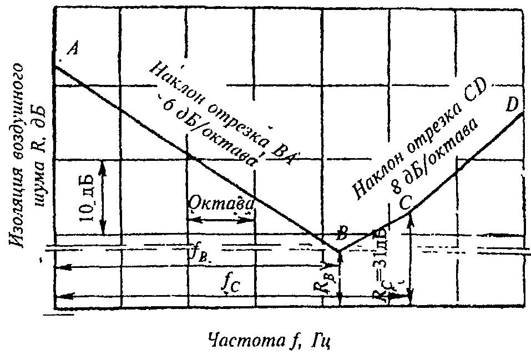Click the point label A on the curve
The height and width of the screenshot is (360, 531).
pos(72,49)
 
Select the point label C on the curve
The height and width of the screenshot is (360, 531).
pos(406,203)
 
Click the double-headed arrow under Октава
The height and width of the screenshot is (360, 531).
pos(221,219)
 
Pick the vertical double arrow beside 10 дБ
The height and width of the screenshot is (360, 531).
pos(103,197)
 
